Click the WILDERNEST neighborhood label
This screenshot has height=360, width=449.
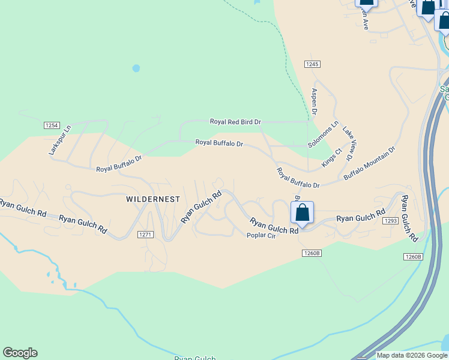(153, 199)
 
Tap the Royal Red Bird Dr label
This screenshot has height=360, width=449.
(235, 122)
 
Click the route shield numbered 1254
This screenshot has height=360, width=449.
(52, 125)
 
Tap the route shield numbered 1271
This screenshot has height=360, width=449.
(145, 234)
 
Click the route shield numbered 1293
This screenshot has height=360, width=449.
(391, 221)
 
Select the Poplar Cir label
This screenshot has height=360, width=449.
(261, 235)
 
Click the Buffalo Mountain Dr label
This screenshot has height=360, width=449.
(370, 163)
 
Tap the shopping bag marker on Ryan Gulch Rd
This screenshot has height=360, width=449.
(302, 214)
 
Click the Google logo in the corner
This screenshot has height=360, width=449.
(20, 353)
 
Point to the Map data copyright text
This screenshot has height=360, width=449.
(411, 355)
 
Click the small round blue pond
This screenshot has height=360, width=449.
(136, 68)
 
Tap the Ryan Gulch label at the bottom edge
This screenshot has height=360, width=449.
(191, 358)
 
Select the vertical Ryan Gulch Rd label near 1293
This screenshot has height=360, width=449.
(409, 218)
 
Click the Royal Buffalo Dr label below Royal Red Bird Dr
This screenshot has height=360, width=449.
(219, 143)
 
